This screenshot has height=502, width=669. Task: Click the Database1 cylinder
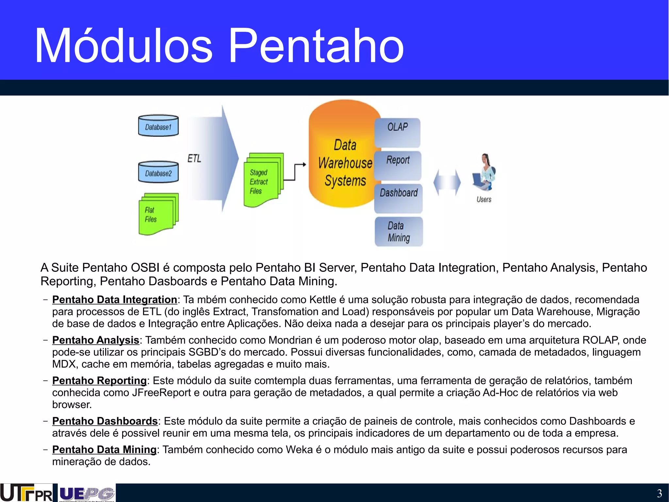(158, 126)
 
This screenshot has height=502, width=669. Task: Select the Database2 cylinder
(158, 172)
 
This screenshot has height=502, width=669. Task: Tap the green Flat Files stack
(158, 214)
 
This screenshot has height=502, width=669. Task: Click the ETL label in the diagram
(194, 159)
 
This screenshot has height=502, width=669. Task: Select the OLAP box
(398, 132)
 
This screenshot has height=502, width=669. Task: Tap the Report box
(398, 165)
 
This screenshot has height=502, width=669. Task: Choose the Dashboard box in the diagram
(399, 198)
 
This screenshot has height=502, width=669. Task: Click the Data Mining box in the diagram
(399, 232)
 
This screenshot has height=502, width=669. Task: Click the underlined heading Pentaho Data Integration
(115, 300)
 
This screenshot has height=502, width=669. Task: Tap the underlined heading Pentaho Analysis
(96, 340)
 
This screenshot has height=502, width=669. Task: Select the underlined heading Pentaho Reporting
(99, 381)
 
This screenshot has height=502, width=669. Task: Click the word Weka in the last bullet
(299, 450)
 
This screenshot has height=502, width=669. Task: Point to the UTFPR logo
(26, 493)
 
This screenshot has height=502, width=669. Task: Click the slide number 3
(659, 493)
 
